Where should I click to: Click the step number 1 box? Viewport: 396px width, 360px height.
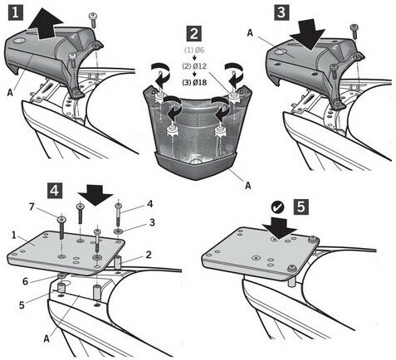point(15,12)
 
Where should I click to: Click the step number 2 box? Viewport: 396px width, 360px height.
point(193,34)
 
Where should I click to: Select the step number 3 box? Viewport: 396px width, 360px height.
point(281,12)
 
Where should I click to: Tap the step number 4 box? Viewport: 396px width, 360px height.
point(54,191)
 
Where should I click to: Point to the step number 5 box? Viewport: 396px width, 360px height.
point(301,207)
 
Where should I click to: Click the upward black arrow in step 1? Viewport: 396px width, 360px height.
point(45,24)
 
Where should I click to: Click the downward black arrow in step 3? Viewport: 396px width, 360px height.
point(307,35)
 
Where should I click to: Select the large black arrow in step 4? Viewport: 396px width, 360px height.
point(95,195)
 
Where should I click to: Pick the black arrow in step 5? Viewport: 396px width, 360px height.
point(280,226)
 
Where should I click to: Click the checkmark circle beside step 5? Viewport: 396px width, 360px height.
point(277,207)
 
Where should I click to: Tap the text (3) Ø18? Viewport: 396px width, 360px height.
point(194,82)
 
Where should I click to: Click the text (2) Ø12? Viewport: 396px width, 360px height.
point(194,66)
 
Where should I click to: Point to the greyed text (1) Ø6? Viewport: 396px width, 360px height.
point(194,51)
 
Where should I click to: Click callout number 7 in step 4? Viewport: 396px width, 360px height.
point(32,207)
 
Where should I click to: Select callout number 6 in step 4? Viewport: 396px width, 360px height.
point(25,281)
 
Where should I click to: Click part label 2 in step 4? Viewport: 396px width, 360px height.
point(149,255)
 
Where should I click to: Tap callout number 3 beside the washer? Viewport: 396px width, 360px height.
point(152,222)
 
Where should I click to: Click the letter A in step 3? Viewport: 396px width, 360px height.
point(250,33)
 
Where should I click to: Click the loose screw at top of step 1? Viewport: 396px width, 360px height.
point(93,19)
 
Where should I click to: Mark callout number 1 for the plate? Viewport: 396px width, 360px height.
point(14,235)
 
